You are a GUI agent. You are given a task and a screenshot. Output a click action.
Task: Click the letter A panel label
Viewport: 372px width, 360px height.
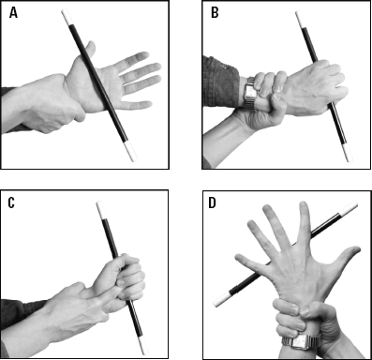(x=13, y=13)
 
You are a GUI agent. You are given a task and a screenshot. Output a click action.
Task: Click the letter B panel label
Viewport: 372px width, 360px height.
(x=215, y=13)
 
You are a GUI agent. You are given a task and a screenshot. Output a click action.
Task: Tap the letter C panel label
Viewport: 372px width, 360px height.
(x=11, y=202)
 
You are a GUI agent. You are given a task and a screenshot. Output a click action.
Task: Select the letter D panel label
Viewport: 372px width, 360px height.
(x=212, y=202)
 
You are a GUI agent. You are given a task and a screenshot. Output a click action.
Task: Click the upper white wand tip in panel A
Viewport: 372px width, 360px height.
(x=67, y=17)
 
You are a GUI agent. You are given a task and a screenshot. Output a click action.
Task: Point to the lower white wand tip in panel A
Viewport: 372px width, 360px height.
(x=131, y=152)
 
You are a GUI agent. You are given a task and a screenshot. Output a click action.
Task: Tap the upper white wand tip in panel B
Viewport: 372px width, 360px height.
(x=301, y=19)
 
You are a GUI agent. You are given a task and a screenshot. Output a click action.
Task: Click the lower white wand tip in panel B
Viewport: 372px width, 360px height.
(x=346, y=153)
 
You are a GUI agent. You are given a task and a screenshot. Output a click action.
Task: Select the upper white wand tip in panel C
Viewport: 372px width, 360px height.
(x=100, y=210)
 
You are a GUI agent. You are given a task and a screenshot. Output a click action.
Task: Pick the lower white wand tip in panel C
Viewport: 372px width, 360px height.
(x=143, y=346)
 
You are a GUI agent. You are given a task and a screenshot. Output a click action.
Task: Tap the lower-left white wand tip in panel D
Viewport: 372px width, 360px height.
(x=223, y=299)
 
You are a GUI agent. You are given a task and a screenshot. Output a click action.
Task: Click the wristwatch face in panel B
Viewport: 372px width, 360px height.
(x=251, y=91)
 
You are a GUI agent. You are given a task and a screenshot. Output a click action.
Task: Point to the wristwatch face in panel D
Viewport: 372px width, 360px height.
(x=300, y=343)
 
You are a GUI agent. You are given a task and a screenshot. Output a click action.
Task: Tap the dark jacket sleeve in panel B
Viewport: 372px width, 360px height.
(x=220, y=82)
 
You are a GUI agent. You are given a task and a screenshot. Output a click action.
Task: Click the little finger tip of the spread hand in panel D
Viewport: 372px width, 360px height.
(x=240, y=258)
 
